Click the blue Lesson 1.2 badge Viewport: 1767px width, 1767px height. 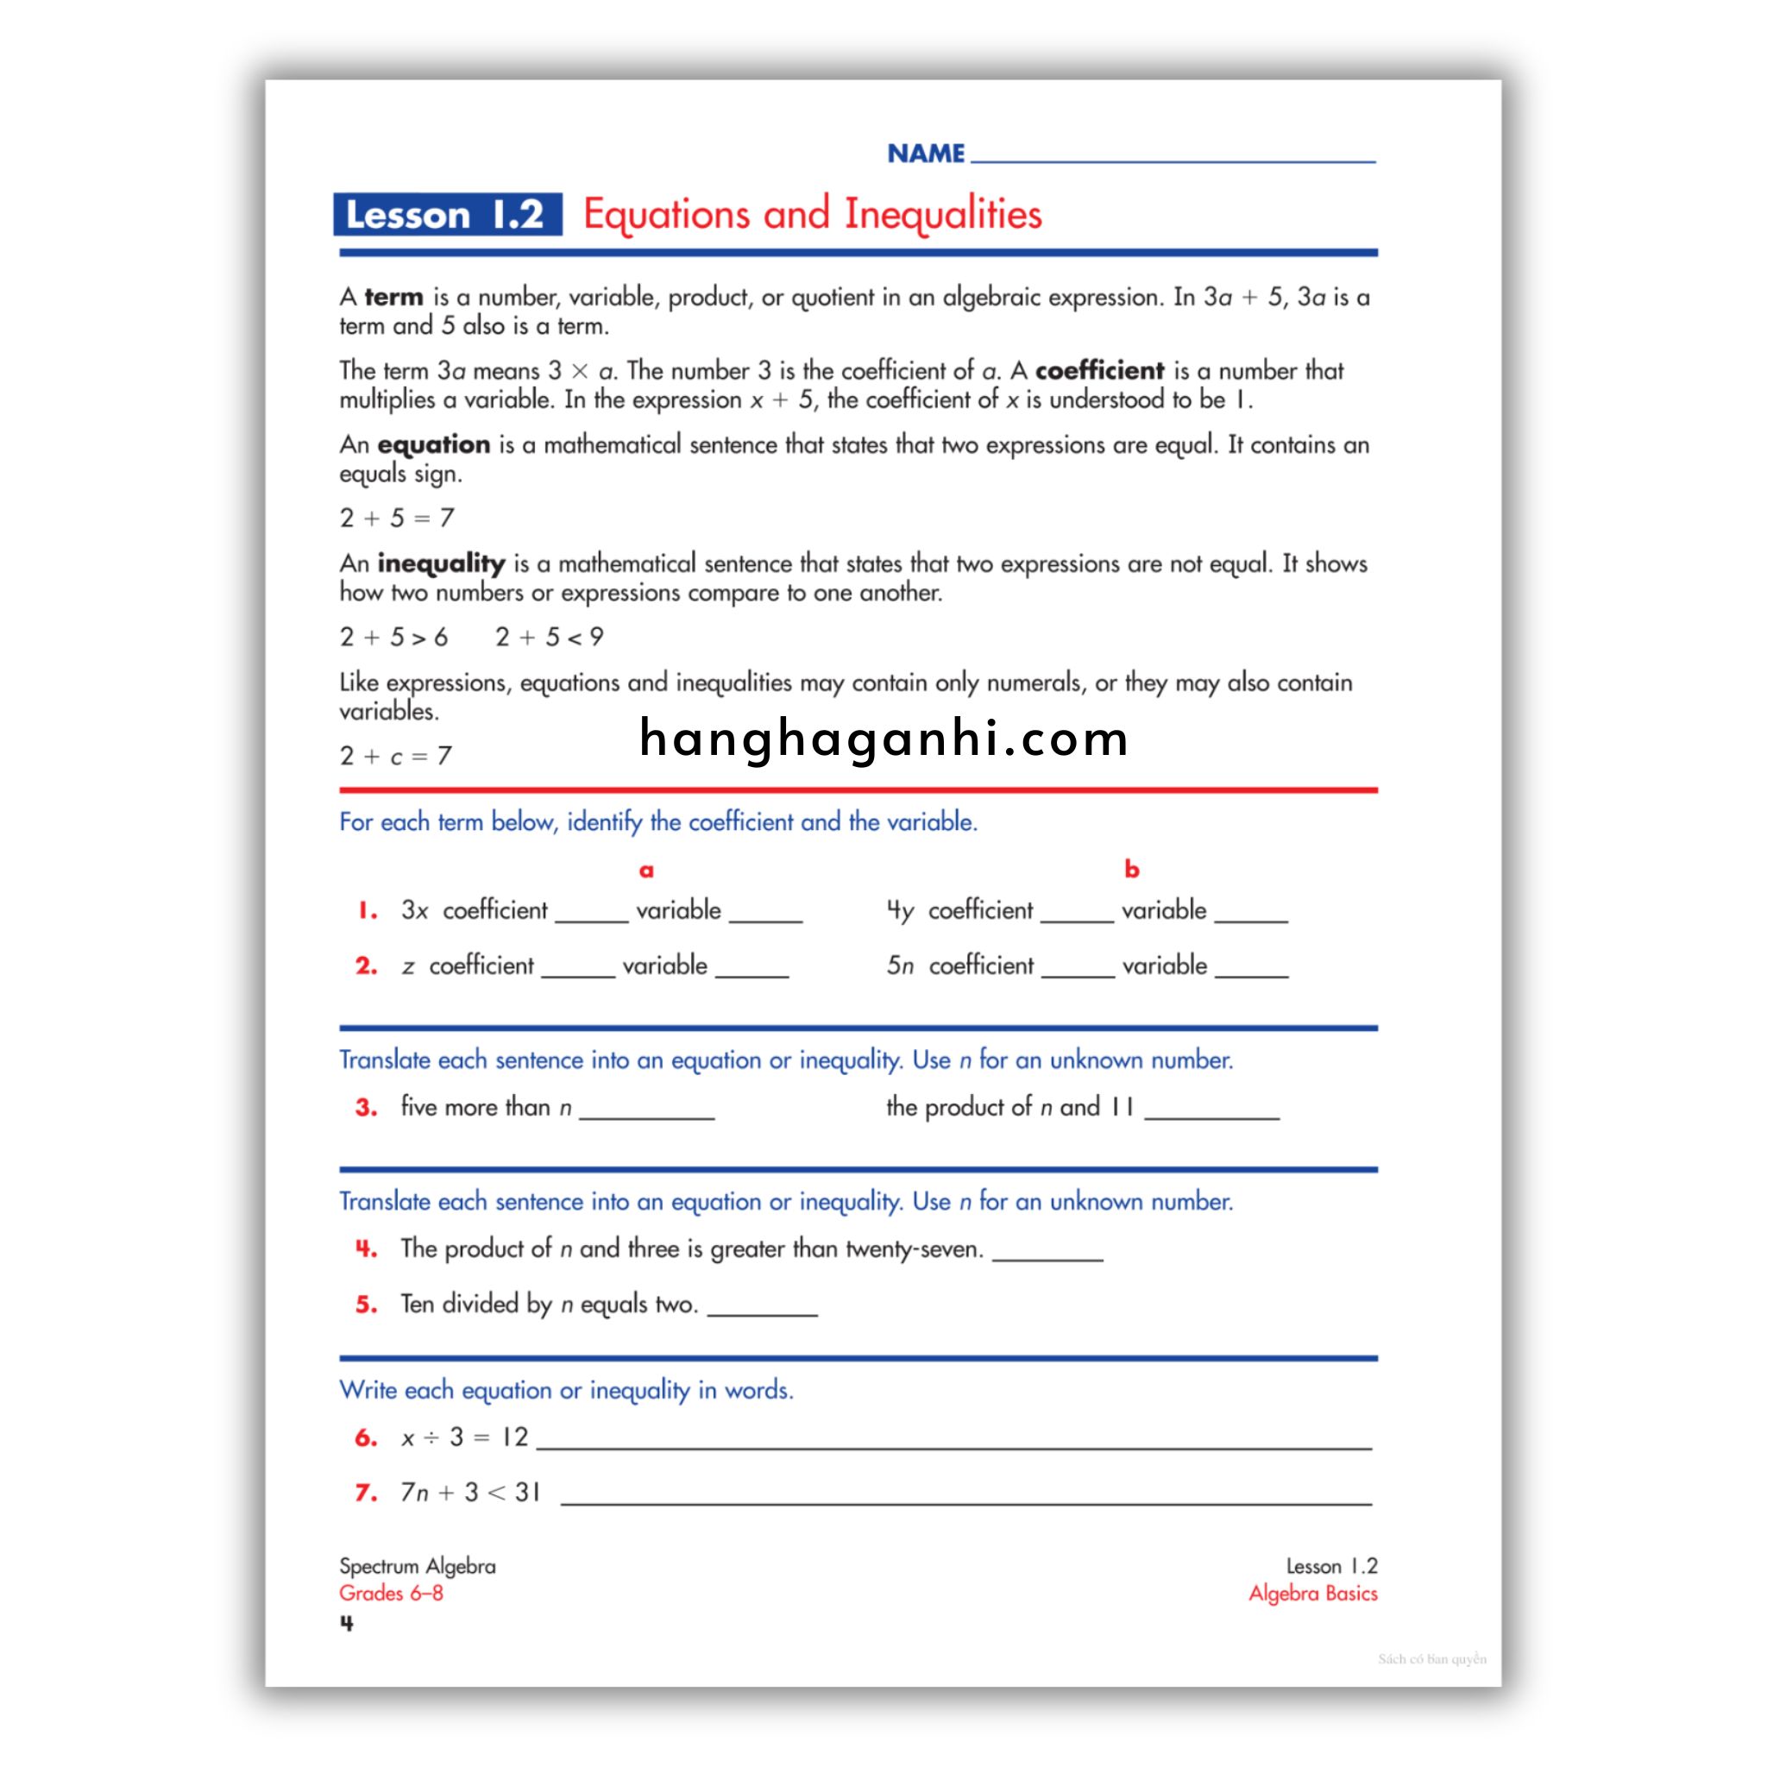[x=447, y=215]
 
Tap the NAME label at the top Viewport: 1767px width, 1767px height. [x=926, y=154]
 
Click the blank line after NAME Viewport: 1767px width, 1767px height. [x=1173, y=155]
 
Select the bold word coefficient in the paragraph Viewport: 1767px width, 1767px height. [x=1099, y=370]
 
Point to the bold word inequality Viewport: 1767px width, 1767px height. [x=441, y=563]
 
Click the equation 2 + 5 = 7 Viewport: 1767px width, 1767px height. [x=397, y=519]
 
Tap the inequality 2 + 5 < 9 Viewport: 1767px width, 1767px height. [x=550, y=638]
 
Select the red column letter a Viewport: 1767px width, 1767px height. [x=646, y=870]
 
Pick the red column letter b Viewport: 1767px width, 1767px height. [x=1131, y=869]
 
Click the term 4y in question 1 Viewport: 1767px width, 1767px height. [x=900, y=911]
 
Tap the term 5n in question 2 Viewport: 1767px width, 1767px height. [x=900, y=965]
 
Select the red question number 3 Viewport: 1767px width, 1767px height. [x=367, y=1108]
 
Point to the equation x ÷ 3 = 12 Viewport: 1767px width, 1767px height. [x=466, y=1437]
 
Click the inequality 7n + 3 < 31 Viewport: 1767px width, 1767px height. [x=470, y=1493]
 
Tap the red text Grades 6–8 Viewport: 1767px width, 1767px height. [x=392, y=1594]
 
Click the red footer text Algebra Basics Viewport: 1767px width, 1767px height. [x=1312, y=1594]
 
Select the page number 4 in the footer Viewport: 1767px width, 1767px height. [x=347, y=1624]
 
